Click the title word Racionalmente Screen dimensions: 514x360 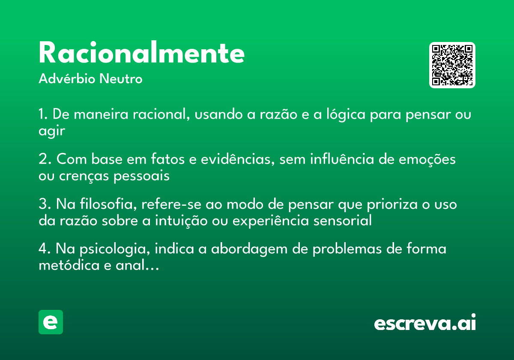pyautogui.click(x=142, y=52)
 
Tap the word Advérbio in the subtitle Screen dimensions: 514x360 pyautogui.click(x=67, y=78)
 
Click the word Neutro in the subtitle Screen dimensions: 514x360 pyautogui.click(x=121, y=78)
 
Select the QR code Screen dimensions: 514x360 pyautogui.click(x=452, y=65)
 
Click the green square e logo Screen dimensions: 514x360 pyautogui.click(x=51, y=322)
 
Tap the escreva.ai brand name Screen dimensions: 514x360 pyautogui.click(x=425, y=322)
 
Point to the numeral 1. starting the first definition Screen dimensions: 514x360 pyautogui.click(x=43, y=114)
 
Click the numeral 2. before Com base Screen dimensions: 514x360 pyautogui.click(x=45, y=159)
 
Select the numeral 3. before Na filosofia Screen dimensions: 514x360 pyautogui.click(x=45, y=204)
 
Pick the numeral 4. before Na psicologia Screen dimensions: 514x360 pyautogui.click(x=45, y=249)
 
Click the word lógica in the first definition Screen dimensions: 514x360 pyautogui.click(x=346, y=114)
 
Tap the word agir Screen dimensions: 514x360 pyautogui.click(x=52, y=131)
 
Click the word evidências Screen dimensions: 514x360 pyautogui.click(x=238, y=159)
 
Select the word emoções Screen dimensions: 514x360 pyautogui.click(x=427, y=159)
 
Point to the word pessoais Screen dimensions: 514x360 pyautogui.click(x=142, y=176)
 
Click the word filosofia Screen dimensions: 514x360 pyautogui.click(x=108, y=204)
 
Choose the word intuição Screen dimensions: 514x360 pyautogui.click(x=181, y=220)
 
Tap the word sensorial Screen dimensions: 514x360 pyautogui.click(x=342, y=220)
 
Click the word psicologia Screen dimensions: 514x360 pyautogui.click(x=115, y=249)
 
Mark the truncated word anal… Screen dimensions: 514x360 pyautogui.click(x=137, y=265)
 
